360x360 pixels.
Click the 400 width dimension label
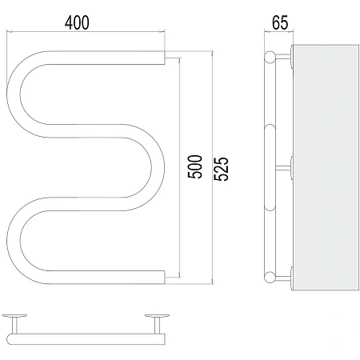pos(77,22)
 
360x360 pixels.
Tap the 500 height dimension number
pos(195,166)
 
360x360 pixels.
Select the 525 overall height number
pos(222,169)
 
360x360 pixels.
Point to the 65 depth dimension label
pos(280,22)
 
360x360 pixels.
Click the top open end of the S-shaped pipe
pos(164,58)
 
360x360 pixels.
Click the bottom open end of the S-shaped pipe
pos(164,278)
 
